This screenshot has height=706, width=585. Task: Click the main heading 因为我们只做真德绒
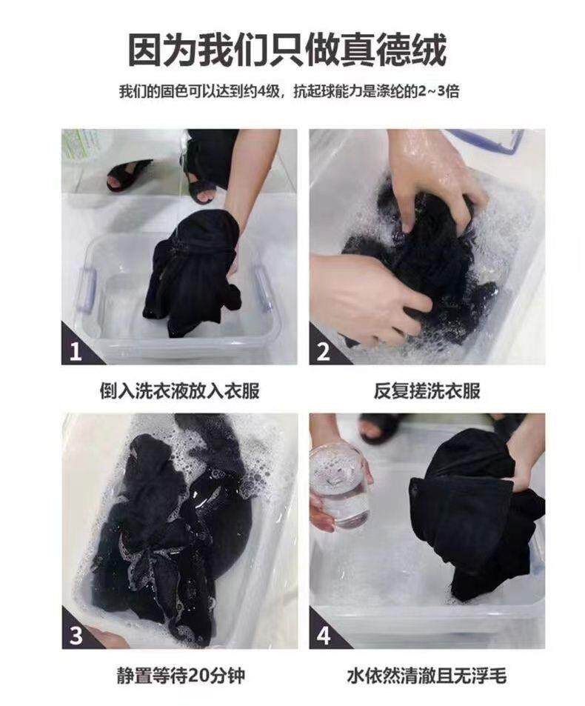click(x=288, y=50)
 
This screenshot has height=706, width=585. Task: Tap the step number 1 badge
click(x=76, y=349)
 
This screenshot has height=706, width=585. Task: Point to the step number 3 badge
click(x=76, y=634)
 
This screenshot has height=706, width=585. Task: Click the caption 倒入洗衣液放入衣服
click(x=179, y=391)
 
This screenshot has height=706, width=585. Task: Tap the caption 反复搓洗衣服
click(x=427, y=391)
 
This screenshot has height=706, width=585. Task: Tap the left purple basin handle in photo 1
click(x=87, y=288)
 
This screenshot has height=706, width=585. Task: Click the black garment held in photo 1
click(x=193, y=273)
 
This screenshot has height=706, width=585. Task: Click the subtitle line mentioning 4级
click(x=289, y=91)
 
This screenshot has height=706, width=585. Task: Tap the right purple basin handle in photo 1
click(x=262, y=288)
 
